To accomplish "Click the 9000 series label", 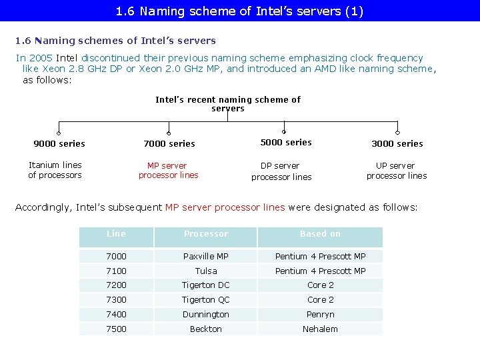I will click(x=59, y=143).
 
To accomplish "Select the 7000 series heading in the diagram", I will click(x=169, y=143).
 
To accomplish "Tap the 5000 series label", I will click(x=286, y=142).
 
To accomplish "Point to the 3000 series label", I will click(x=397, y=143).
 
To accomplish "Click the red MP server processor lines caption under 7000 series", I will click(x=168, y=171).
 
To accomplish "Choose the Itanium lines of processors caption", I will click(x=55, y=170).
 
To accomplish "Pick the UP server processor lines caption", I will click(x=396, y=171).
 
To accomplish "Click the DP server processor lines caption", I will click(x=281, y=171).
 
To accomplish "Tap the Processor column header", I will click(x=206, y=234).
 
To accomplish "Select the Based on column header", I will click(x=320, y=234).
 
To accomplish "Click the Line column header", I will click(x=116, y=234).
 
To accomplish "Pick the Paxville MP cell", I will click(x=206, y=256).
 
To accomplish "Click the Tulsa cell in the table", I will click(x=206, y=271).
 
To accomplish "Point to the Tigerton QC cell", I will click(x=206, y=300).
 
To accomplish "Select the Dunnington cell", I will click(x=206, y=314).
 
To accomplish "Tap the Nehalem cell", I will click(x=320, y=329).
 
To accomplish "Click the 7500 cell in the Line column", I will click(x=116, y=329).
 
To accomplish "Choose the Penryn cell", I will click(x=320, y=314).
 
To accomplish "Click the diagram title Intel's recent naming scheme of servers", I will click(x=228, y=104).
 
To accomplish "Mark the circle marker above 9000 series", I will click(x=59, y=132).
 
